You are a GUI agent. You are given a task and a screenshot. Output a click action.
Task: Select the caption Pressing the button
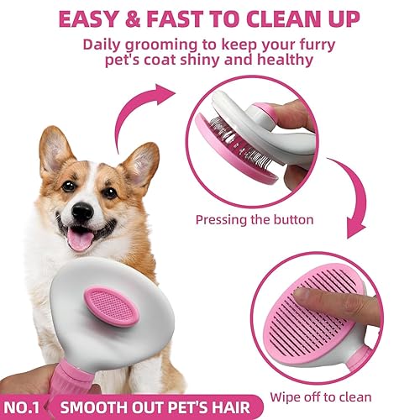[x=255, y=219]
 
